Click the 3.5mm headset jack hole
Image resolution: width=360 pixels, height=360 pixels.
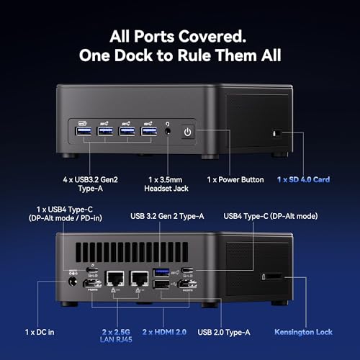(168, 132)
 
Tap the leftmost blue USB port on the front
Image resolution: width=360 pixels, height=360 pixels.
(84, 131)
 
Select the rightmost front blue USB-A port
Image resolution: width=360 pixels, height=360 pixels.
(149, 132)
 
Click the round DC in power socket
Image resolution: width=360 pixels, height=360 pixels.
(73, 282)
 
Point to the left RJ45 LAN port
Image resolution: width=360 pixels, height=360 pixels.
(114, 279)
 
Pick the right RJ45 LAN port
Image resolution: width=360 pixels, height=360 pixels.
(139, 279)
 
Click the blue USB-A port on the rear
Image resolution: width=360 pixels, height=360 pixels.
(161, 273)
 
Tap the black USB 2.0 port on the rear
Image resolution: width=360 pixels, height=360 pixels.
(161, 284)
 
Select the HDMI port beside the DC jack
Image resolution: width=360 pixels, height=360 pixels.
(92, 284)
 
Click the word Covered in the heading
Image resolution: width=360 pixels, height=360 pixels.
(212, 37)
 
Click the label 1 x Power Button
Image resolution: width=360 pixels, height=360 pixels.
(235, 180)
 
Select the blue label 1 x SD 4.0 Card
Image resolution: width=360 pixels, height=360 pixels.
(303, 179)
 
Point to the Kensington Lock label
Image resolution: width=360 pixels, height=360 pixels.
(303, 332)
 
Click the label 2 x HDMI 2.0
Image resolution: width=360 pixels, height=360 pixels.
(164, 332)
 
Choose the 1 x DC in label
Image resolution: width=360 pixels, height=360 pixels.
(40, 332)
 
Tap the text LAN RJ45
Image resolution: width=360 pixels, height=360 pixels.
(116, 340)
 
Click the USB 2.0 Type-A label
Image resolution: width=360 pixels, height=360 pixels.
(224, 332)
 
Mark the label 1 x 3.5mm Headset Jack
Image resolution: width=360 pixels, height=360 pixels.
(166, 184)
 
